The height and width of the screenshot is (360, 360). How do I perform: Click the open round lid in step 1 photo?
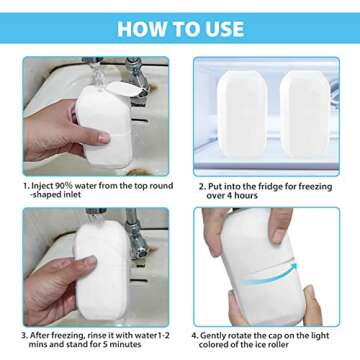118,90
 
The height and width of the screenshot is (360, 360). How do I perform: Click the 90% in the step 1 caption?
77,184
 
